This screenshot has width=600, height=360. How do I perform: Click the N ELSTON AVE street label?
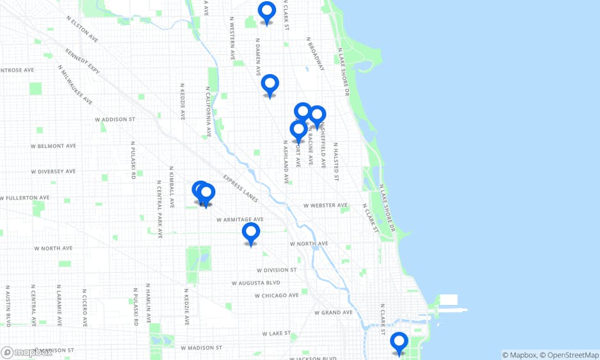[82, 29]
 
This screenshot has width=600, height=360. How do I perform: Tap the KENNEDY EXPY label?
[83, 60]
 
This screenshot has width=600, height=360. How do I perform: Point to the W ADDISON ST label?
[115, 119]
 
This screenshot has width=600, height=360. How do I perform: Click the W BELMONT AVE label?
[53, 146]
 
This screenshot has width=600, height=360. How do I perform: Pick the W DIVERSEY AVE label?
[53, 172]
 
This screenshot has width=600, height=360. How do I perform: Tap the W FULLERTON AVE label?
[26, 198]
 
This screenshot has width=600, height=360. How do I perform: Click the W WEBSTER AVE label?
[325, 206]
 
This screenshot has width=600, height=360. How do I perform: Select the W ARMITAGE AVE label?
[239, 219]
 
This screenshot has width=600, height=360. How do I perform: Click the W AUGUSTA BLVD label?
[256, 282]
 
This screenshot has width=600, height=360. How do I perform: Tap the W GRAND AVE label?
[333, 313]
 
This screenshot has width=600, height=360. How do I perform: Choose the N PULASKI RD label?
[133, 161]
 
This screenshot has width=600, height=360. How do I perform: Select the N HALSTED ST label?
[336, 161]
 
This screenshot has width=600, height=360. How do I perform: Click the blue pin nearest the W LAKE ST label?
[399, 342]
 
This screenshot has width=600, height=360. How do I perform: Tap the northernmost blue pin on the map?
[267, 12]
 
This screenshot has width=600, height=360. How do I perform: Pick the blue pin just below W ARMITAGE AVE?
[251, 233]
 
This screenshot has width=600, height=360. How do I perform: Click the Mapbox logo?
[27, 352]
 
